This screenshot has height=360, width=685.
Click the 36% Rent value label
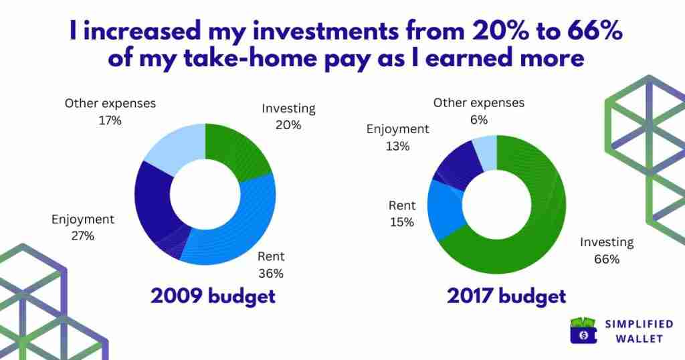tap(271, 274)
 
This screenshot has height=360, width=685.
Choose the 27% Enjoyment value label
tap(82, 236)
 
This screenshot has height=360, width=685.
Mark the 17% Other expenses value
tap(110, 120)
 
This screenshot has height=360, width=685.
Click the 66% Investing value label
tap(607, 259)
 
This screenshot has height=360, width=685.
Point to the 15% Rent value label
tap(402, 222)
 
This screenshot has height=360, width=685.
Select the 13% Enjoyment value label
tap(397, 146)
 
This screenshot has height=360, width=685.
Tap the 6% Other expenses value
tap(479, 120)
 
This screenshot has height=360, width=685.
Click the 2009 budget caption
tap(213, 296)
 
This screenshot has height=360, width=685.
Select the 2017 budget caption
tap(507, 296)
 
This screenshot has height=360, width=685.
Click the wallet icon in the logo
tap(583, 331)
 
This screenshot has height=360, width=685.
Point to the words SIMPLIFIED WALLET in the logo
tap(639, 331)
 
